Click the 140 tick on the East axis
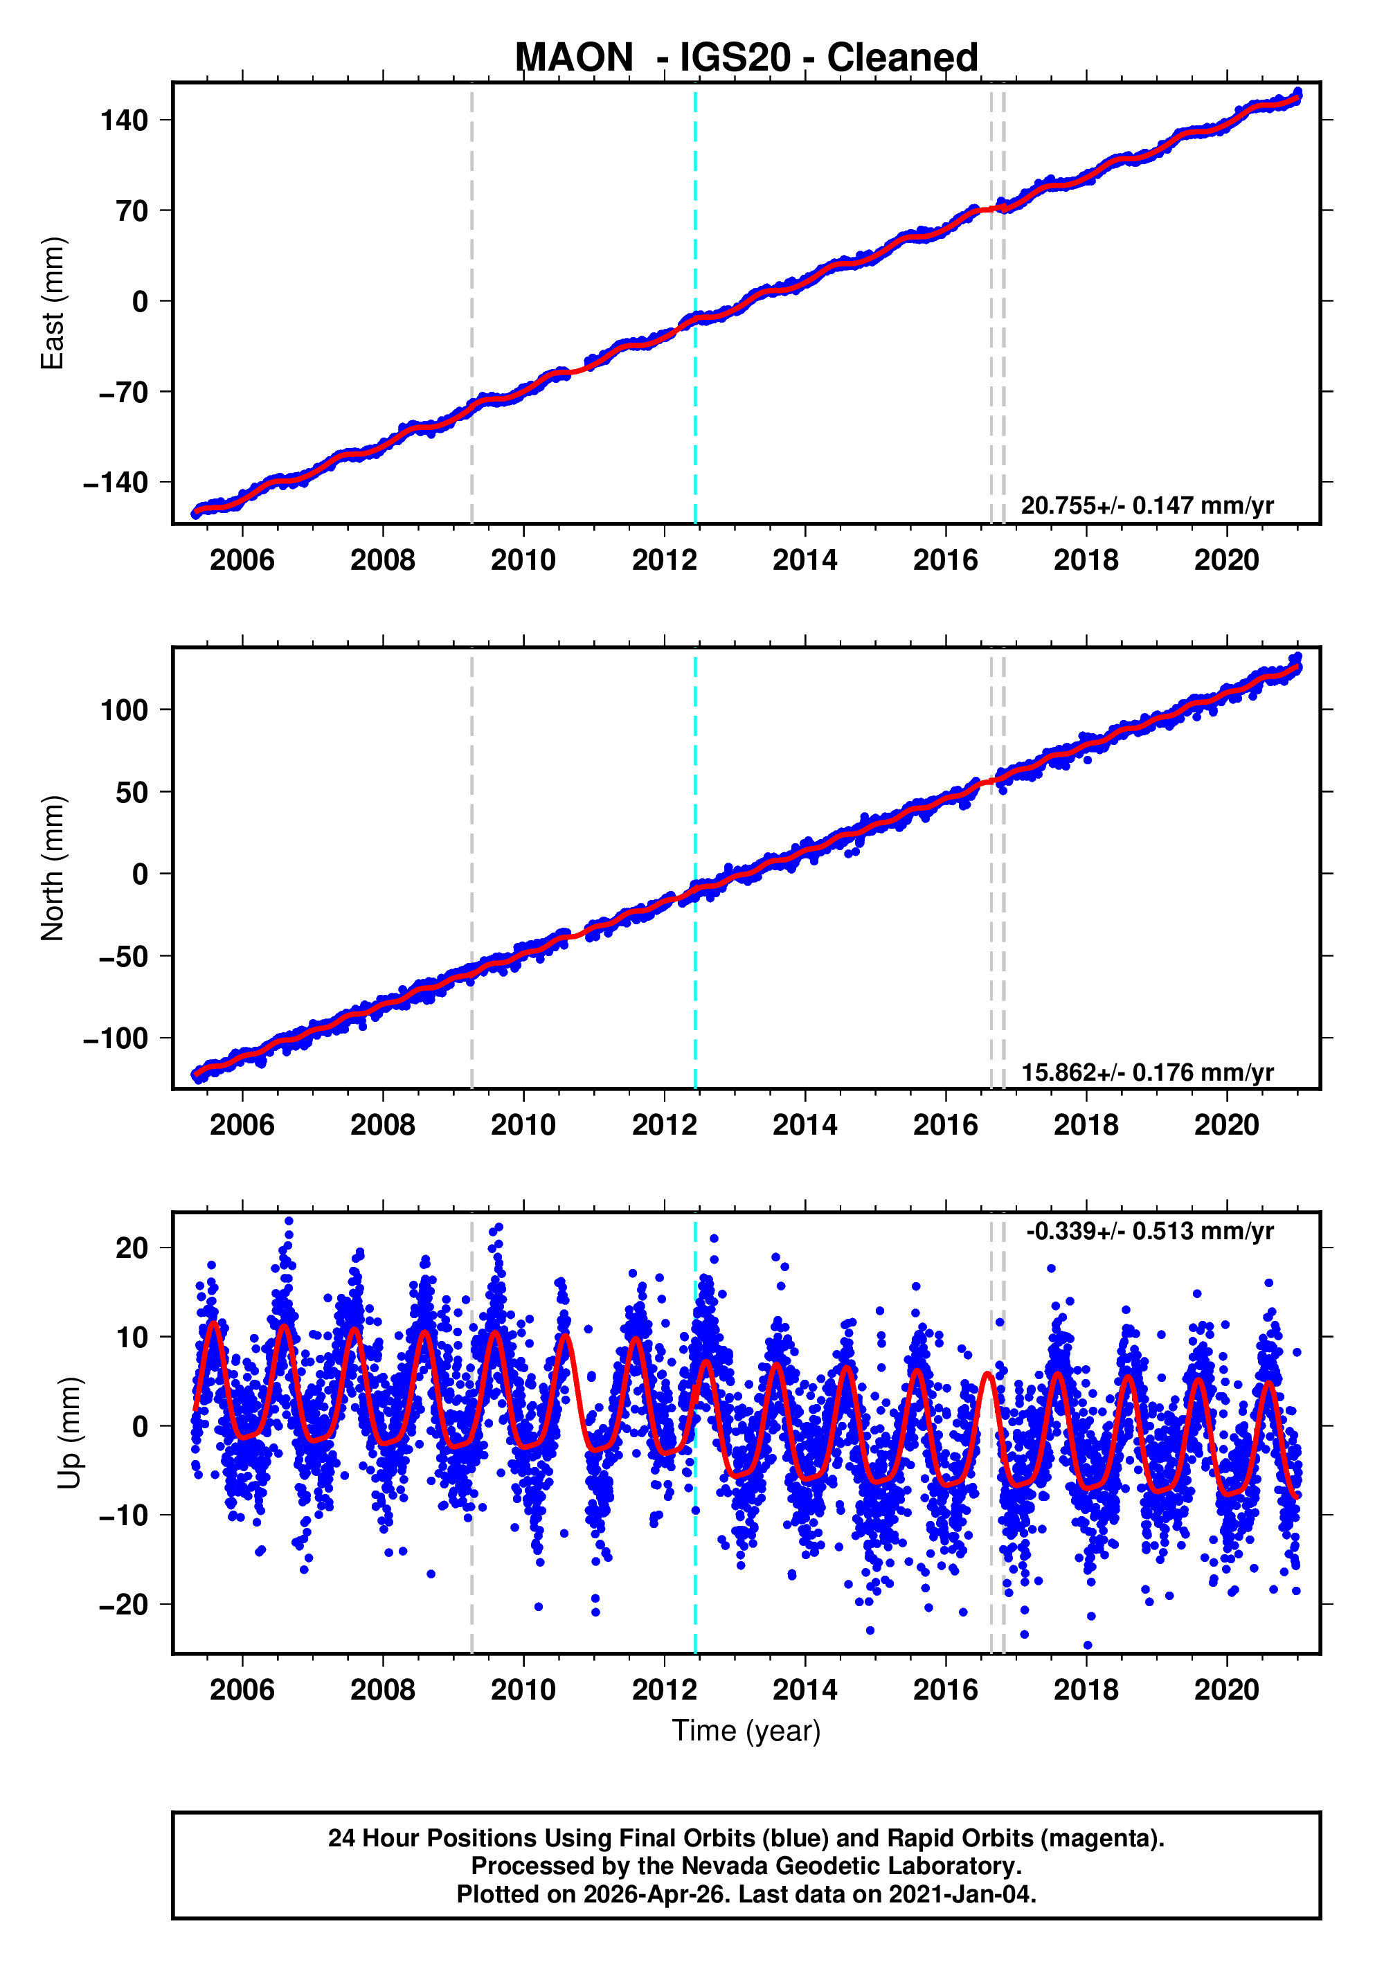coord(124,120)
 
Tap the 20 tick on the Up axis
coord(132,1248)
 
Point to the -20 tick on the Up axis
coord(124,1605)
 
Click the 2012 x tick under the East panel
coord(664,561)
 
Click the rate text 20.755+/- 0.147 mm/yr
coord(1147,505)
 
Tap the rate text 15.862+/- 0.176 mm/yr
coord(1147,1072)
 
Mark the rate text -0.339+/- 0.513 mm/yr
coord(1149,1232)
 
